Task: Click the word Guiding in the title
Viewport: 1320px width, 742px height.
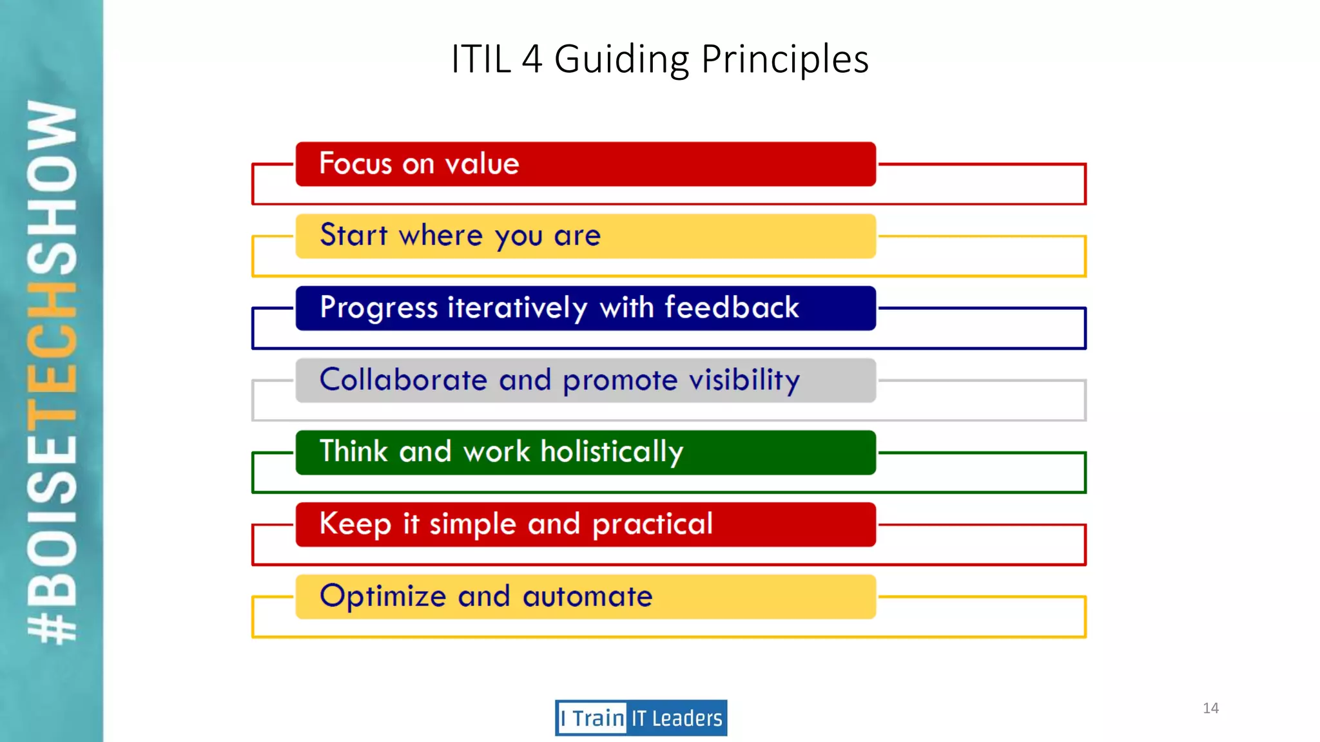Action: pyautogui.click(x=621, y=59)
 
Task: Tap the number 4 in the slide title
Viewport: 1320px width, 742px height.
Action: pyautogui.click(x=532, y=59)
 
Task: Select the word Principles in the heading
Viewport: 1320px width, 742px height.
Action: pyautogui.click(x=784, y=59)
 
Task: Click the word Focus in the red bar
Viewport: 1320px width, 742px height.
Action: pyautogui.click(x=355, y=164)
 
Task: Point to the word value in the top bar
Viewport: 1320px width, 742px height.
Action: pyautogui.click(x=482, y=164)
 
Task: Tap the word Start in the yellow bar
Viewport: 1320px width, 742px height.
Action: pyautogui.click(x=353, y=235)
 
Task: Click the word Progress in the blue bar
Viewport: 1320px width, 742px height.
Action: pyautogui.click(x=378, y=308)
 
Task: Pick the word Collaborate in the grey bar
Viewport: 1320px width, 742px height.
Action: pyautogui.click(x=403, y=379)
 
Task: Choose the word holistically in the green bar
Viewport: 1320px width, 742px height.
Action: pyautogui.click(x=612, y=452)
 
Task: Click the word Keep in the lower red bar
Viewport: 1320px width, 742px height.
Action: pyautogui.click(x=354, y=524)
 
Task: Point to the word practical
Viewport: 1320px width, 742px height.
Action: pyautogui.click(x=652, y=524)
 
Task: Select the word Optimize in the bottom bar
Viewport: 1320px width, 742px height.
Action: pyautogui.click(x=383, y=596)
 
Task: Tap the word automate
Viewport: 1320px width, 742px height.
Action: pyautogui.click(x=587, y=596)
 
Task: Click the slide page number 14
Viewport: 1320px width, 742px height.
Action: pyautogui.click(x=1210, y=708)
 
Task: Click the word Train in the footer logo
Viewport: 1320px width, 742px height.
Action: pyautogui.click(x=598, y=718)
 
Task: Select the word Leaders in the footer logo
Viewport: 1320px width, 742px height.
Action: pyautogui.click(x=687, y=718)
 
